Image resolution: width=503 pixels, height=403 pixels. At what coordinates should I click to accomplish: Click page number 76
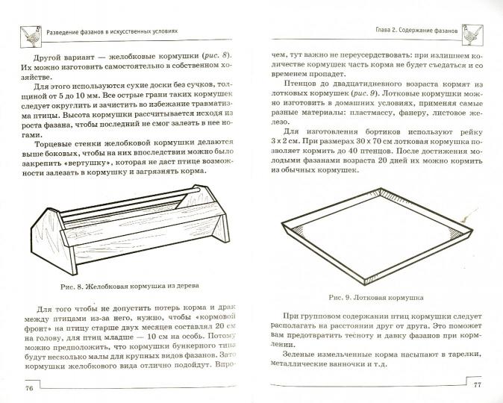click(x=29, y=388)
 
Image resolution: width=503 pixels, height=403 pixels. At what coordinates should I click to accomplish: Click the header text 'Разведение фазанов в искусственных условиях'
click(x=119, y=33)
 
